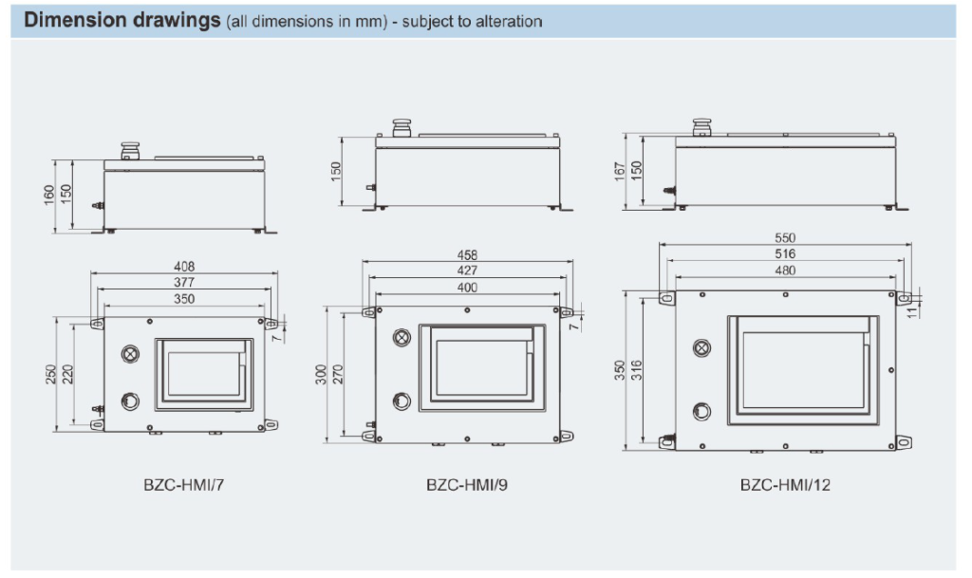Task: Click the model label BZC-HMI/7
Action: coord(183,484)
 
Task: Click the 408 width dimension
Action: coord(184,268)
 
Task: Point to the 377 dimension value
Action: coord(184,283)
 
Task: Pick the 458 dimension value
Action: coord(467,254)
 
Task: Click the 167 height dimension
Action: coord(621,171)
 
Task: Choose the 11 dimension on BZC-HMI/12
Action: coord(913,309)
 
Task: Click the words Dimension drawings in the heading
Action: coord(121,21)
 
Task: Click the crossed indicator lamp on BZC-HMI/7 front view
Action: coord(129,353)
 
